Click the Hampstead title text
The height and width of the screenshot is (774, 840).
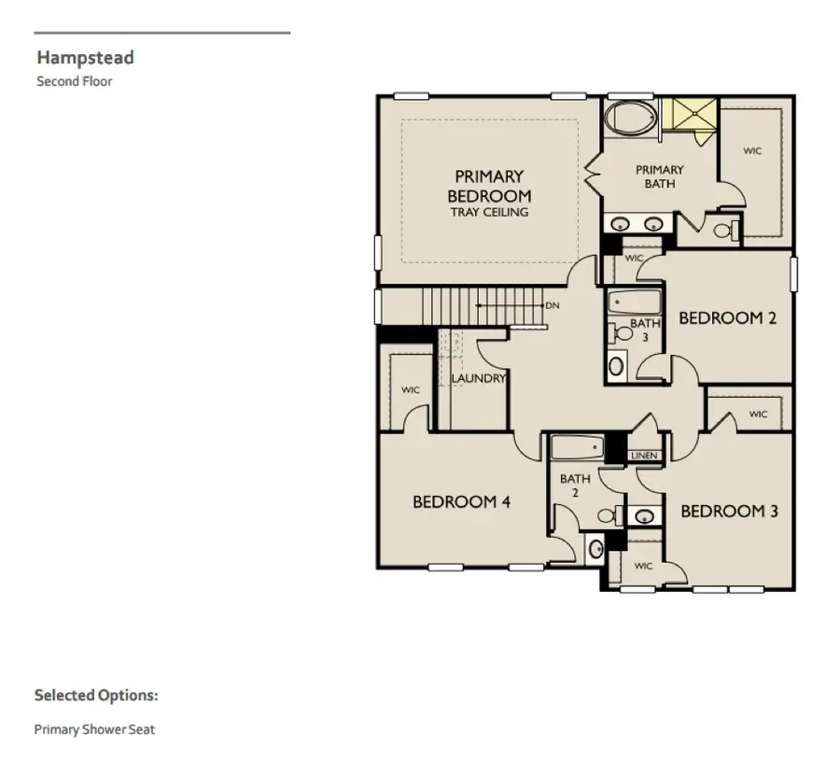tap(85, 57)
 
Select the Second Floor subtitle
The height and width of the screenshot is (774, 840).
tap(75, 81)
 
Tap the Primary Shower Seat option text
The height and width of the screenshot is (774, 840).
tap(94, 729)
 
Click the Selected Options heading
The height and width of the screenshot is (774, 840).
tap(96, 696)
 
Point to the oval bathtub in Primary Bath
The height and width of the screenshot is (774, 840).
tap(631, 118)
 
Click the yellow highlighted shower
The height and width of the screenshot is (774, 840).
tap(691, 114)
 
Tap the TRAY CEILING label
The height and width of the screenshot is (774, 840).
tap(490, 212)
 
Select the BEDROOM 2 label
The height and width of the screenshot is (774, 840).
tap(727, 317)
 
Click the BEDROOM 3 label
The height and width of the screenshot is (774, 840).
tap(729, 511)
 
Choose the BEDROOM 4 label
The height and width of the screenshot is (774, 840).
tap(461, 501)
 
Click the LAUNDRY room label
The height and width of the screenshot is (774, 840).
tap(479, 378)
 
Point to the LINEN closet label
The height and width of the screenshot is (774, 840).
tap(644, 456)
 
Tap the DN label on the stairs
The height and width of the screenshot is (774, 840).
tap(553, 305)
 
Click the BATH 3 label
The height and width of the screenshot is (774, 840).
tap(645, 331)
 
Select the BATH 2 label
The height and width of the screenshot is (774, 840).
tap(575, 486)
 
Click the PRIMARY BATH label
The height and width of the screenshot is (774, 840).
tap(660, 176)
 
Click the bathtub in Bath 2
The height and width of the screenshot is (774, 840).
tap(578, 447)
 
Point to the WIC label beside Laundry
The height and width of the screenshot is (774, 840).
tap(411, 389)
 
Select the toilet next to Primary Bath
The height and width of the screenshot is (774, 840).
tap(727, 231)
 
